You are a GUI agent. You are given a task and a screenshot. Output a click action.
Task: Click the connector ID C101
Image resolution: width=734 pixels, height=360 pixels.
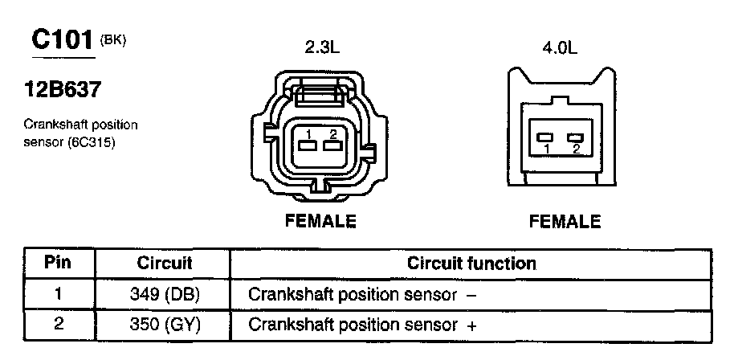point(63,40)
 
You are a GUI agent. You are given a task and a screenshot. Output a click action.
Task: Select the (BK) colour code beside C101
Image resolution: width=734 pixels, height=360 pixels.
point(112,41)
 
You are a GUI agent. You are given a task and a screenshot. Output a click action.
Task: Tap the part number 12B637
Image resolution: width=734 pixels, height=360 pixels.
point(63,89)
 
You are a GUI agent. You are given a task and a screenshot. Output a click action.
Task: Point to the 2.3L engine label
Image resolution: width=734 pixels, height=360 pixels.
point(321,48)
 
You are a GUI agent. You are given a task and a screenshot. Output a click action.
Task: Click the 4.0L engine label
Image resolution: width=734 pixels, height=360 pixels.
point(560,49)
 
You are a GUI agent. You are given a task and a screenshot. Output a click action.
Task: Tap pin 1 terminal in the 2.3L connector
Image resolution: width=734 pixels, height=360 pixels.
point(308,146)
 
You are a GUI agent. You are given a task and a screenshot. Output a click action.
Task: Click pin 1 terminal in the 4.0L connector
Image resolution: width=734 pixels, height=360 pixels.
point(545,137)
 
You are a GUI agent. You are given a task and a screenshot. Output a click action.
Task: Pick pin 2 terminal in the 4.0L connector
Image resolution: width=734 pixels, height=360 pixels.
point(575,137)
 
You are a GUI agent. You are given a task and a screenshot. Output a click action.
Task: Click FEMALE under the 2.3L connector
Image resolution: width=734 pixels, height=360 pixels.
point(320,220)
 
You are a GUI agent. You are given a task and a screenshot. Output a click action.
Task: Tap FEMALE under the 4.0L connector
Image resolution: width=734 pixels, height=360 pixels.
point(565,221)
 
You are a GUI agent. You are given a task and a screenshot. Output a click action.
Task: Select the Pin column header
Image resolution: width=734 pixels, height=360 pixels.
point(58,263)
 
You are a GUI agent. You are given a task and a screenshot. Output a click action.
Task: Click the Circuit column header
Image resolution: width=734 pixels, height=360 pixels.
point(165,263)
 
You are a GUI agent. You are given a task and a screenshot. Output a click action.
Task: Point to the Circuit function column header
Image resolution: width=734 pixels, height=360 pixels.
point(471,263)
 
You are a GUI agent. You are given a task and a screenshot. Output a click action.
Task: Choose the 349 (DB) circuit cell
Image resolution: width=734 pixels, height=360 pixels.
point(165,294)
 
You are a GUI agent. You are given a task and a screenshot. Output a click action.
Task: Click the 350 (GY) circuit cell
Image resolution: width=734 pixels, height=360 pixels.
point(165,325)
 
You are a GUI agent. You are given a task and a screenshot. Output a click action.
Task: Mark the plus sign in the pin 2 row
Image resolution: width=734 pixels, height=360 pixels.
point(472,325)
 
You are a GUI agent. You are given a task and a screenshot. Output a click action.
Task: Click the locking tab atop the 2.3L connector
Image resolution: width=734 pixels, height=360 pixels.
point(320,91)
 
